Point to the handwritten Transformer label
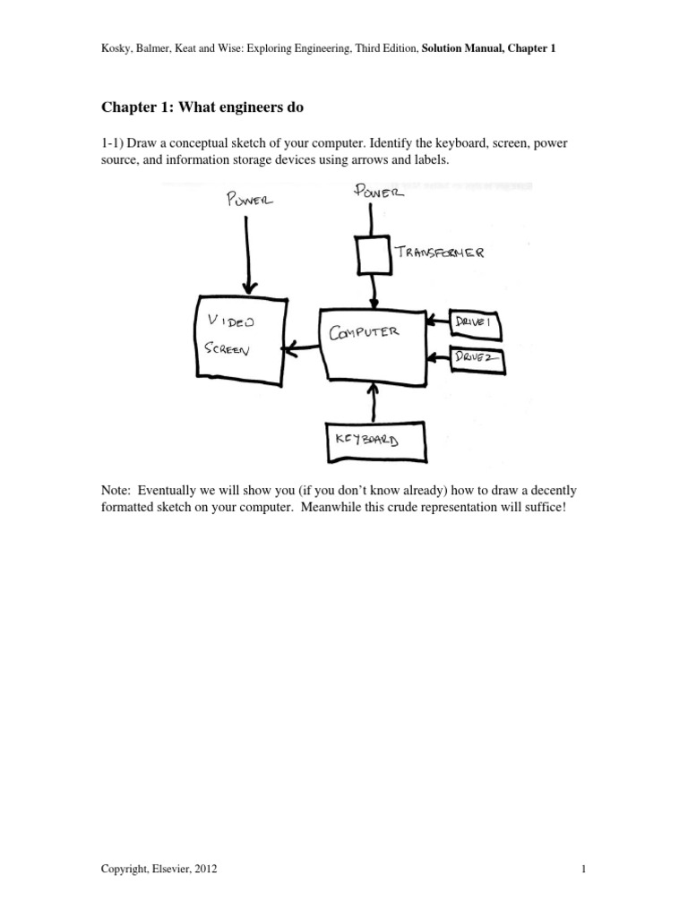pos(442,253)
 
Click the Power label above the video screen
pos(250,201)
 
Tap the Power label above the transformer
pos(381,190)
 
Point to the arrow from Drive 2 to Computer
pos(436,358)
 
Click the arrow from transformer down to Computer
pos(374,290)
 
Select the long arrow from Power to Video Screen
pos(249,251)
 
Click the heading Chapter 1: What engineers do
pos(202,107)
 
